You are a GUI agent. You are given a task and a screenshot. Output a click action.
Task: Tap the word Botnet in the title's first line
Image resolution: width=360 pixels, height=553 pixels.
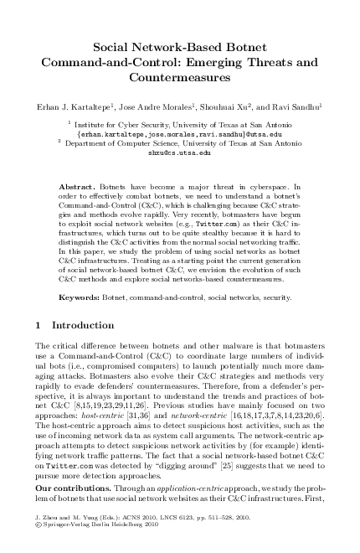click(x=247, y=47)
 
